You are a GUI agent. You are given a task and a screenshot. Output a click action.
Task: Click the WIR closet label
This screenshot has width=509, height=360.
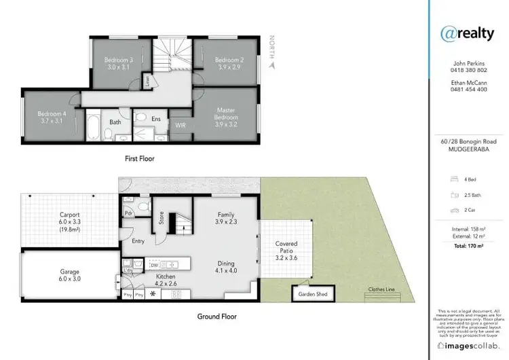pyautogui.click(x=181, y=126)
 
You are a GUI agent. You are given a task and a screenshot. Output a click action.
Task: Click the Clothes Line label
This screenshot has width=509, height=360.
pyautogui.click(x=381, y=289)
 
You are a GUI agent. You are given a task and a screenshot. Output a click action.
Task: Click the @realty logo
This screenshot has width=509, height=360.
pyautogui.click(x=468, y=33)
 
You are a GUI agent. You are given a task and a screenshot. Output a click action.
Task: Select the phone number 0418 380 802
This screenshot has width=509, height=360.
pyautogui.click(x=468, y=71)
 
